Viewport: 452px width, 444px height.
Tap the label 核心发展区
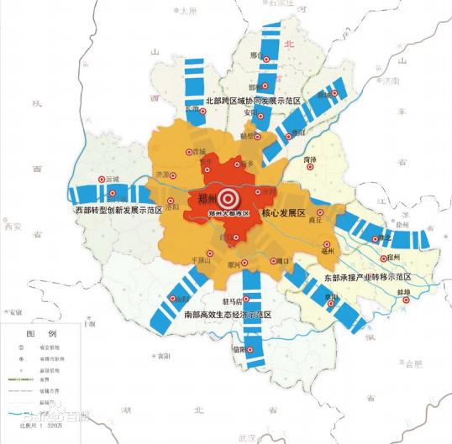[286, 215]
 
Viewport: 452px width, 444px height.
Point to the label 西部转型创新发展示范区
[118, 211]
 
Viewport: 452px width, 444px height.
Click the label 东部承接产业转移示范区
[366, 276]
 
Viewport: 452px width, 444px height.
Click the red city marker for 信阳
[250, 349]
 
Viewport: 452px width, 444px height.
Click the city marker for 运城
[102, 180]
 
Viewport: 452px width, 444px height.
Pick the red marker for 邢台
[267, 62]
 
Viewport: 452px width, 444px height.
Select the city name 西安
[13, 226]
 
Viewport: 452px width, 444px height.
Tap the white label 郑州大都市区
[228, 216]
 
